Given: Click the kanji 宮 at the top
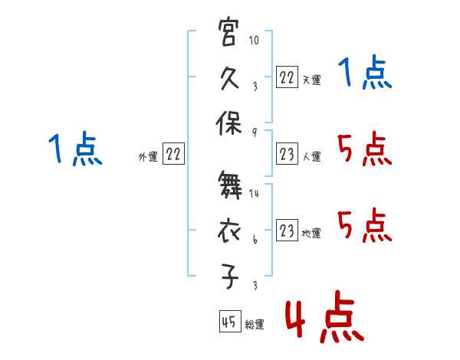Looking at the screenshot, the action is (228, 31).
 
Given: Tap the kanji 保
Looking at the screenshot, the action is (228, 123).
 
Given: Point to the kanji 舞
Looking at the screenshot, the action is (230, 185).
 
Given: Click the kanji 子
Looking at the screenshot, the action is (229, 277).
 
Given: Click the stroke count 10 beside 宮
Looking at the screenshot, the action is (254, 40).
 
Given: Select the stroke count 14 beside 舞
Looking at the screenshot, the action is (254, 193).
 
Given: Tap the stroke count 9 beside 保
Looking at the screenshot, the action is (255, 133).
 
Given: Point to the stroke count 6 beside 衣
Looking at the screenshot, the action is (255, 240).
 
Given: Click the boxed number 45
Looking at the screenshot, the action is (230, 321).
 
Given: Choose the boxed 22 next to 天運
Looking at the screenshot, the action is (287, 77).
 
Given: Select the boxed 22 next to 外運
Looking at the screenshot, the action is (173, 153).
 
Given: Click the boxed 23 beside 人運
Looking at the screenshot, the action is (287, 153).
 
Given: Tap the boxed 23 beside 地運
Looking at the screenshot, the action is (287, 230).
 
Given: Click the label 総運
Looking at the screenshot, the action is (255, 324).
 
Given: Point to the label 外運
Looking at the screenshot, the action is (148, 156).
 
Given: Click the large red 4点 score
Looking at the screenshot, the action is (325, 316).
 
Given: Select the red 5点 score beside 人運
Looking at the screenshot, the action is (365, 149).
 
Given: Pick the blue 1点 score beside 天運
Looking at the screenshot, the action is (365, 72).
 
